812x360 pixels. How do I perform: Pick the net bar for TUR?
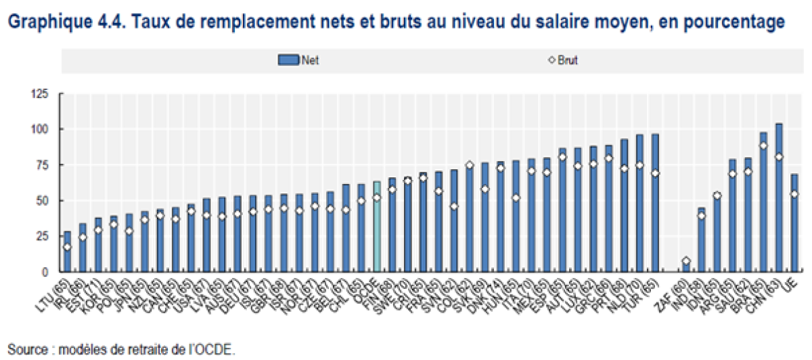click(655, 203)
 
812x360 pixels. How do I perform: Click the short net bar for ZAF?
click(686, 266)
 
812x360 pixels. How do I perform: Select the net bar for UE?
click(795, 223)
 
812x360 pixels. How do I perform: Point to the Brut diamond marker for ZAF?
click(686, 261)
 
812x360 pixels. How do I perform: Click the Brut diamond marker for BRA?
click(763, 145)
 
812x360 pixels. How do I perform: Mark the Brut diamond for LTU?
click(67, 247)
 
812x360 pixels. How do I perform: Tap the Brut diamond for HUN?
click(516, 198)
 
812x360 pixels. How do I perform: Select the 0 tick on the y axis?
click(45, 271)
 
